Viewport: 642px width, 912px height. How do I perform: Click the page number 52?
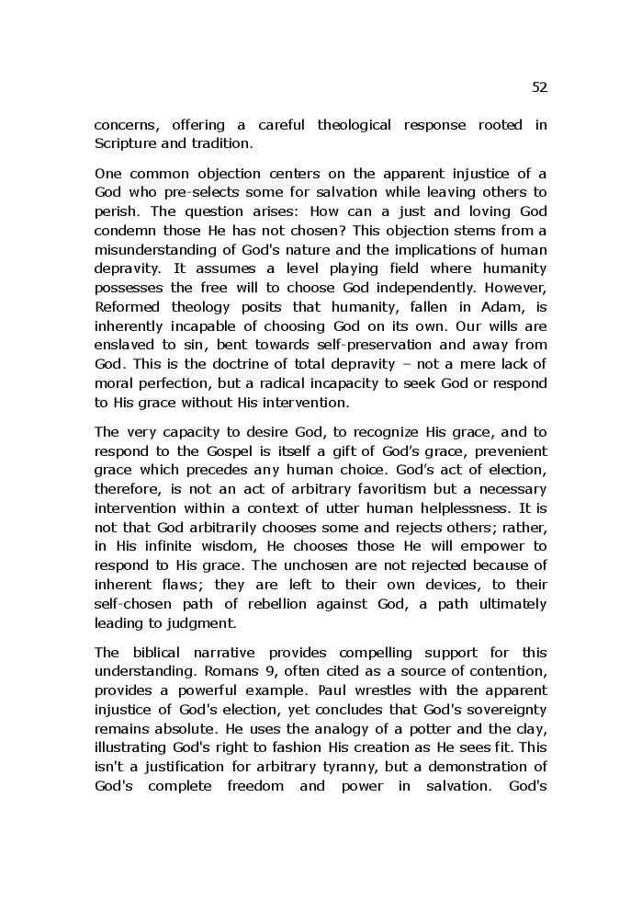(x=539, y=87)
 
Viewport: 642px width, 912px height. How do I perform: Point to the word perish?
(x=114, y=210)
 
